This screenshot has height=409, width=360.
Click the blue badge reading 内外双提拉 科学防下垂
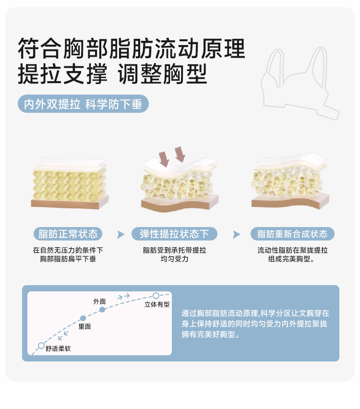tap(83, 104)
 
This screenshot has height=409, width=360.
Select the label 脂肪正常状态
tap(68, 234)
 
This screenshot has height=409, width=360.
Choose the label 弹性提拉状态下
tap(174, 234)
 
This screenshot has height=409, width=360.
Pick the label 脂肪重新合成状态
tap(292, 234)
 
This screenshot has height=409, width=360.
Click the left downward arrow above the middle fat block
tap(164, 159)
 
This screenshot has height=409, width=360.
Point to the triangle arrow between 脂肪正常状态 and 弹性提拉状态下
tap(120, 234)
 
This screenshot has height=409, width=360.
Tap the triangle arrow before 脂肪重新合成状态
tap(236, 234)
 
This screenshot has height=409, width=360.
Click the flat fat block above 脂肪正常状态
tap(70, 182)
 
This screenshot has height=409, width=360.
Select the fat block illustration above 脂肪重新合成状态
tap(290, 181)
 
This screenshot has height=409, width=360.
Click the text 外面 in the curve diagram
tap(99, 301)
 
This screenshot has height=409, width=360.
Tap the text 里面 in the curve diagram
tap(84, 326)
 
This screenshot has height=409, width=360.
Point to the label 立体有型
tap(157, 304)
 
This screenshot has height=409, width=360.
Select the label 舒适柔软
tap(58, 349)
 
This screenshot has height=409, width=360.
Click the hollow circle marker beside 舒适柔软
tap(41, 346)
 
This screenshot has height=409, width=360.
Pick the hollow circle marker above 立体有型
tap(156, 296)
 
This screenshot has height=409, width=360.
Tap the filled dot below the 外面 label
tap(102, 310)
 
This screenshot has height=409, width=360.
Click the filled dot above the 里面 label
tap(83, 318)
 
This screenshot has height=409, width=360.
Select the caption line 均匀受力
tap(174, 259)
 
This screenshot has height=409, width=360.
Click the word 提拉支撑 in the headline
tap(62, 74)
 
